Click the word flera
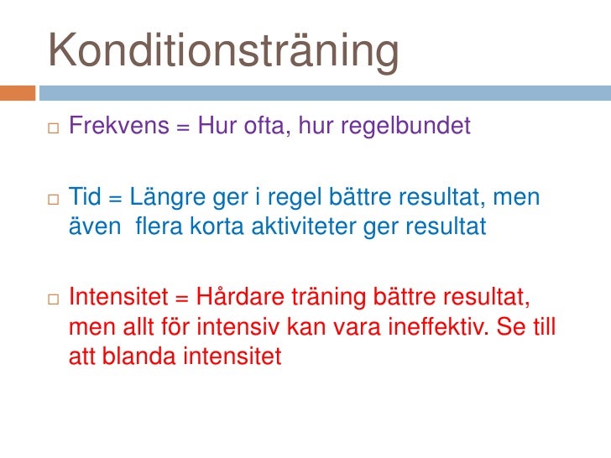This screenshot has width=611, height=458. point(162,226)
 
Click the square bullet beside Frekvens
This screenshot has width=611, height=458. point(54,128)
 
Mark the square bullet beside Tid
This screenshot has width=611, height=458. point(54,200)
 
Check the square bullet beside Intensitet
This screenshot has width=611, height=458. point(54,299)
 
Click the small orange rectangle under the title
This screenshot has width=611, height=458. point(18,93)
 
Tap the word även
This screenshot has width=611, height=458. point(91,227)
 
